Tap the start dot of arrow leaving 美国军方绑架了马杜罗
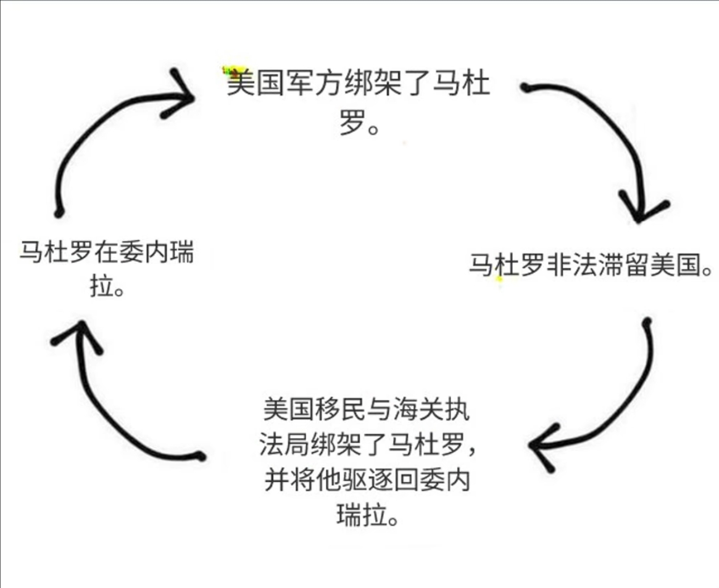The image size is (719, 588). tap(525, 88)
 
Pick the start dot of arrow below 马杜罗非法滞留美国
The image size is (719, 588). tap(646, 322)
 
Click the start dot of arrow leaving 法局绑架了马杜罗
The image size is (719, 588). tap(200, 456)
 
